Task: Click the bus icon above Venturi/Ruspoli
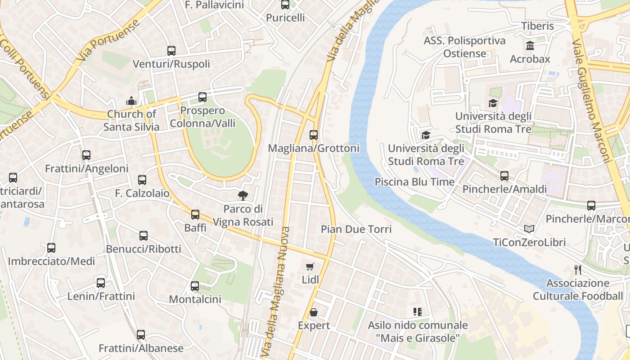171,51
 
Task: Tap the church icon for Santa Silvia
131,101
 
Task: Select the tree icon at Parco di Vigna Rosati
243,195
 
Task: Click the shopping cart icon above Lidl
310,267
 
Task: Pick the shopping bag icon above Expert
314,312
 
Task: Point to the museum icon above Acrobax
530,46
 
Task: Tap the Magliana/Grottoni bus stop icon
314,135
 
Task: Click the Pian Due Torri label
356,229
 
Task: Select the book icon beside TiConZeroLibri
529,229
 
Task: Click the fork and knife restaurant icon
578,270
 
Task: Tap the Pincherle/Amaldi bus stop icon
504,176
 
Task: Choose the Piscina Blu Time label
414,182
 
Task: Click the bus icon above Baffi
195,215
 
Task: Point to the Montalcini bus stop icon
195,286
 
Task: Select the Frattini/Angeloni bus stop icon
86,155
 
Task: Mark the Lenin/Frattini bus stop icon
101,283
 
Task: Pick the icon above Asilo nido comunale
417,312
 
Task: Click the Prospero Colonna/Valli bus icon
202,97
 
